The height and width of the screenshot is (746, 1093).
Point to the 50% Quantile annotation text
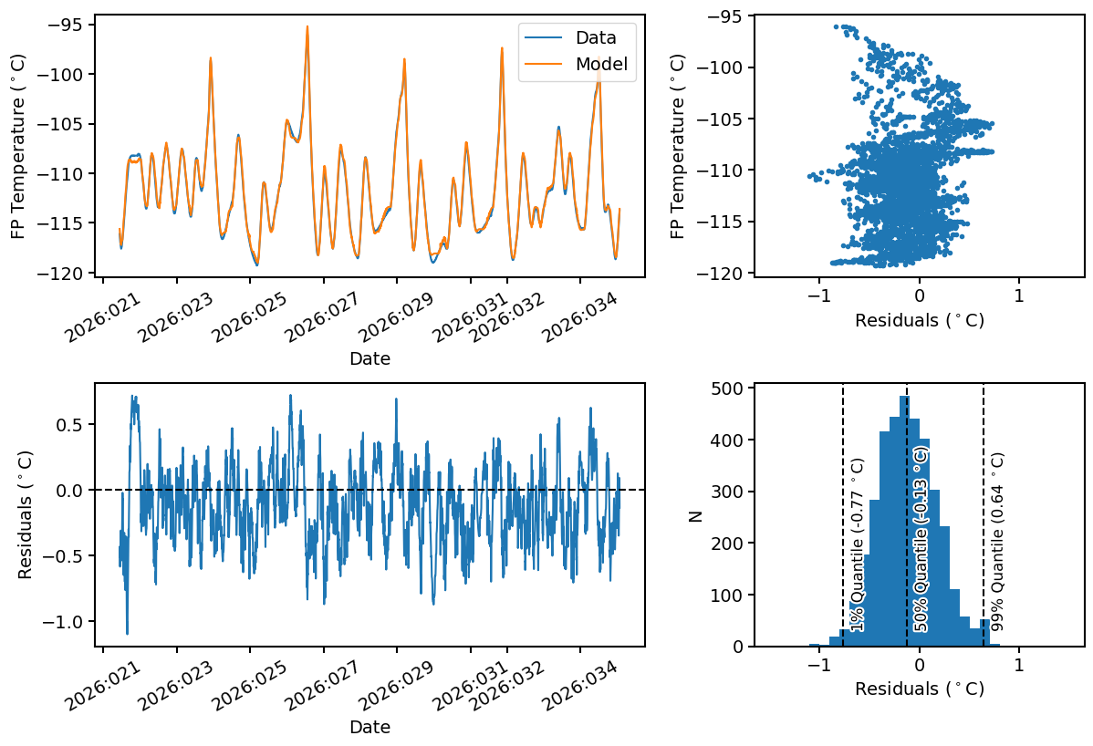921,538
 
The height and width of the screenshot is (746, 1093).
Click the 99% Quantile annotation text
997,543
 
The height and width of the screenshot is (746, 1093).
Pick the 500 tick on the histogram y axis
727,388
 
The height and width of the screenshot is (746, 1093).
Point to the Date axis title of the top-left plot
370,359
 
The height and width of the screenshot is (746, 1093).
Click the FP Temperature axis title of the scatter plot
678,146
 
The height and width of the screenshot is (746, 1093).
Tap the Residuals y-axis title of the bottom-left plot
26,515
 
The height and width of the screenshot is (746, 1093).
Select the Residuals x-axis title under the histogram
919,689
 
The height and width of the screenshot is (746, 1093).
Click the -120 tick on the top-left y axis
66,273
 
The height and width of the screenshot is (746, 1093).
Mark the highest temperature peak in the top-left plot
307,26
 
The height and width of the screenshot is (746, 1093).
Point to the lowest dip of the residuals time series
127,633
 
